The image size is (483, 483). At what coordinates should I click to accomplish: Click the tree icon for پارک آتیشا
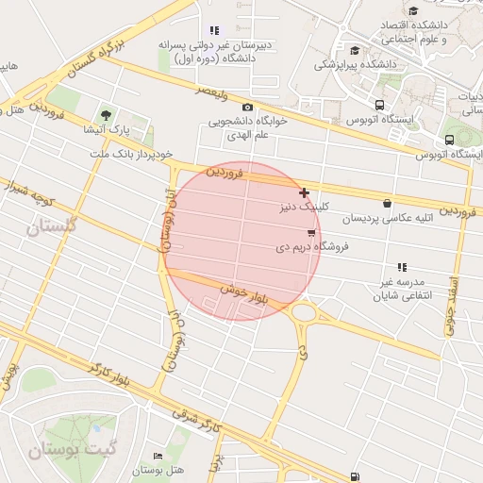[105, 115]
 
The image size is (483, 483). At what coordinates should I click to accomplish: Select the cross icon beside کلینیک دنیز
[303, 192]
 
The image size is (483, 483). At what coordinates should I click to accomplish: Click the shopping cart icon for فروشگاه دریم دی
[311, 232]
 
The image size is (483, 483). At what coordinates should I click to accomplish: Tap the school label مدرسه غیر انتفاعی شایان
[402, 289]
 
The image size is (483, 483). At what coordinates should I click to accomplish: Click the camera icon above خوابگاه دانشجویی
[247, 108]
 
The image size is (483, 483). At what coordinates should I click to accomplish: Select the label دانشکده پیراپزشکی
[355, 64]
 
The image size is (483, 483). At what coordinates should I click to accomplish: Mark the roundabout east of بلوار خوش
[305, 311]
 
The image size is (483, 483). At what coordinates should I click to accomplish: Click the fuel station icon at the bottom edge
[354, 477]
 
